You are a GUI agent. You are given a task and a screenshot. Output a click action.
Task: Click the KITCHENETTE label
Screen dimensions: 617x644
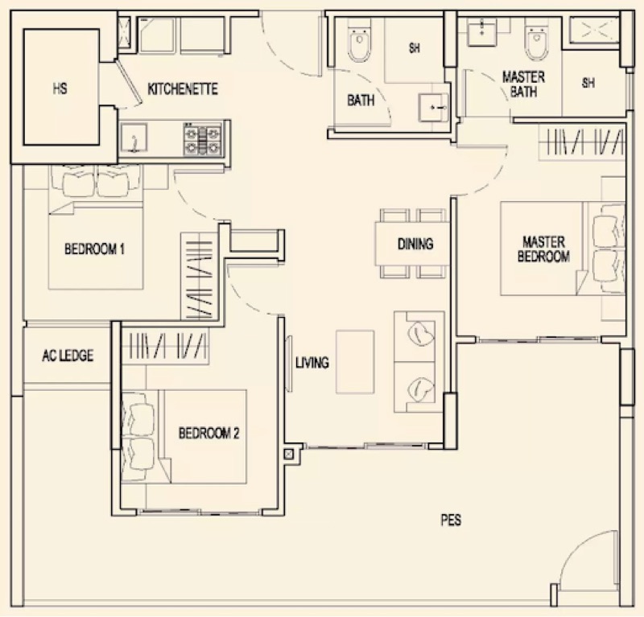coord(183,89)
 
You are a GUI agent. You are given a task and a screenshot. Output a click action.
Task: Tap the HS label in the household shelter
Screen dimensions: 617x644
coord(60,89)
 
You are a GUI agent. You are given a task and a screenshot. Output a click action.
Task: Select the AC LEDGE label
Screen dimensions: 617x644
coord(67,356)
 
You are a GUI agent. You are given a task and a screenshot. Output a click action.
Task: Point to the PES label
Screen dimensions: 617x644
coord(451,520)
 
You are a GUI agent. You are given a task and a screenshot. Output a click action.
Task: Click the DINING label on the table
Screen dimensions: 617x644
coord(415,244)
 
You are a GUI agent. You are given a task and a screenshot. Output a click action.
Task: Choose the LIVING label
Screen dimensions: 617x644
coord(312,363)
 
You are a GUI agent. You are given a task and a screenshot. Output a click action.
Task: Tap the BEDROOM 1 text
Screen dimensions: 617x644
coord(94,249)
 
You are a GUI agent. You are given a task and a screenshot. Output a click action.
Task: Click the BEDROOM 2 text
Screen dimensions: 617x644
coord(208,433)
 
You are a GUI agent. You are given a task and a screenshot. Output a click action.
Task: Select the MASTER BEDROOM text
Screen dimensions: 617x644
coord(545,249)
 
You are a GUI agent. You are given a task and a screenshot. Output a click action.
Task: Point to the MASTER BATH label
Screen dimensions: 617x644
coord(523,84)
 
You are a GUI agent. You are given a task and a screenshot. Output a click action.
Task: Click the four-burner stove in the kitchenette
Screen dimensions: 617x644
coord(202,139)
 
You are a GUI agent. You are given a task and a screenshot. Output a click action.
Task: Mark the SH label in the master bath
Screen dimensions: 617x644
coord(588,83)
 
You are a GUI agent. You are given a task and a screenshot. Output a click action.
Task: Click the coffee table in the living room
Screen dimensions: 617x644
coord(354,361)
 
